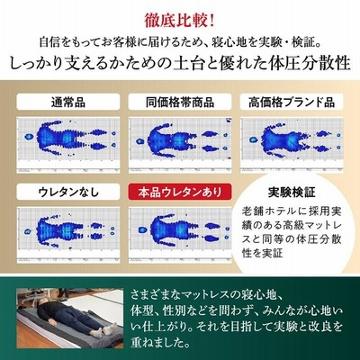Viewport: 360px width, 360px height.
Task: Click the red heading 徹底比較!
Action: [180, 21]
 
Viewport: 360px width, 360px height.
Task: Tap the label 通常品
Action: [68, 103]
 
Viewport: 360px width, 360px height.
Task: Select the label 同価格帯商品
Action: [180, 103]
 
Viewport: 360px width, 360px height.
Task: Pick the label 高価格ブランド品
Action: [292, 103]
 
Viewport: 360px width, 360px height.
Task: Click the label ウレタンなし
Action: [68, 192]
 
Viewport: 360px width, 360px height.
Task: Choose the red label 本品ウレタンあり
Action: [180, 192]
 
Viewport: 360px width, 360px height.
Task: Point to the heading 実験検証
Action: [292, 192]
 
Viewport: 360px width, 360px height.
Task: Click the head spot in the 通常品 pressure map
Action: [29, 137]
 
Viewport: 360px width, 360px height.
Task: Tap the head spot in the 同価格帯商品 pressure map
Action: [139, 141]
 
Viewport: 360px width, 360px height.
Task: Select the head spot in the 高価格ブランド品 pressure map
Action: [254, 139]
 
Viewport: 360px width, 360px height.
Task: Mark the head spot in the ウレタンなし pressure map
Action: [28, 231]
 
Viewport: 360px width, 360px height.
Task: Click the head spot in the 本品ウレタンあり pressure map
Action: [142, 230]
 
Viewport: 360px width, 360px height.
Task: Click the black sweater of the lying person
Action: [47, 310]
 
